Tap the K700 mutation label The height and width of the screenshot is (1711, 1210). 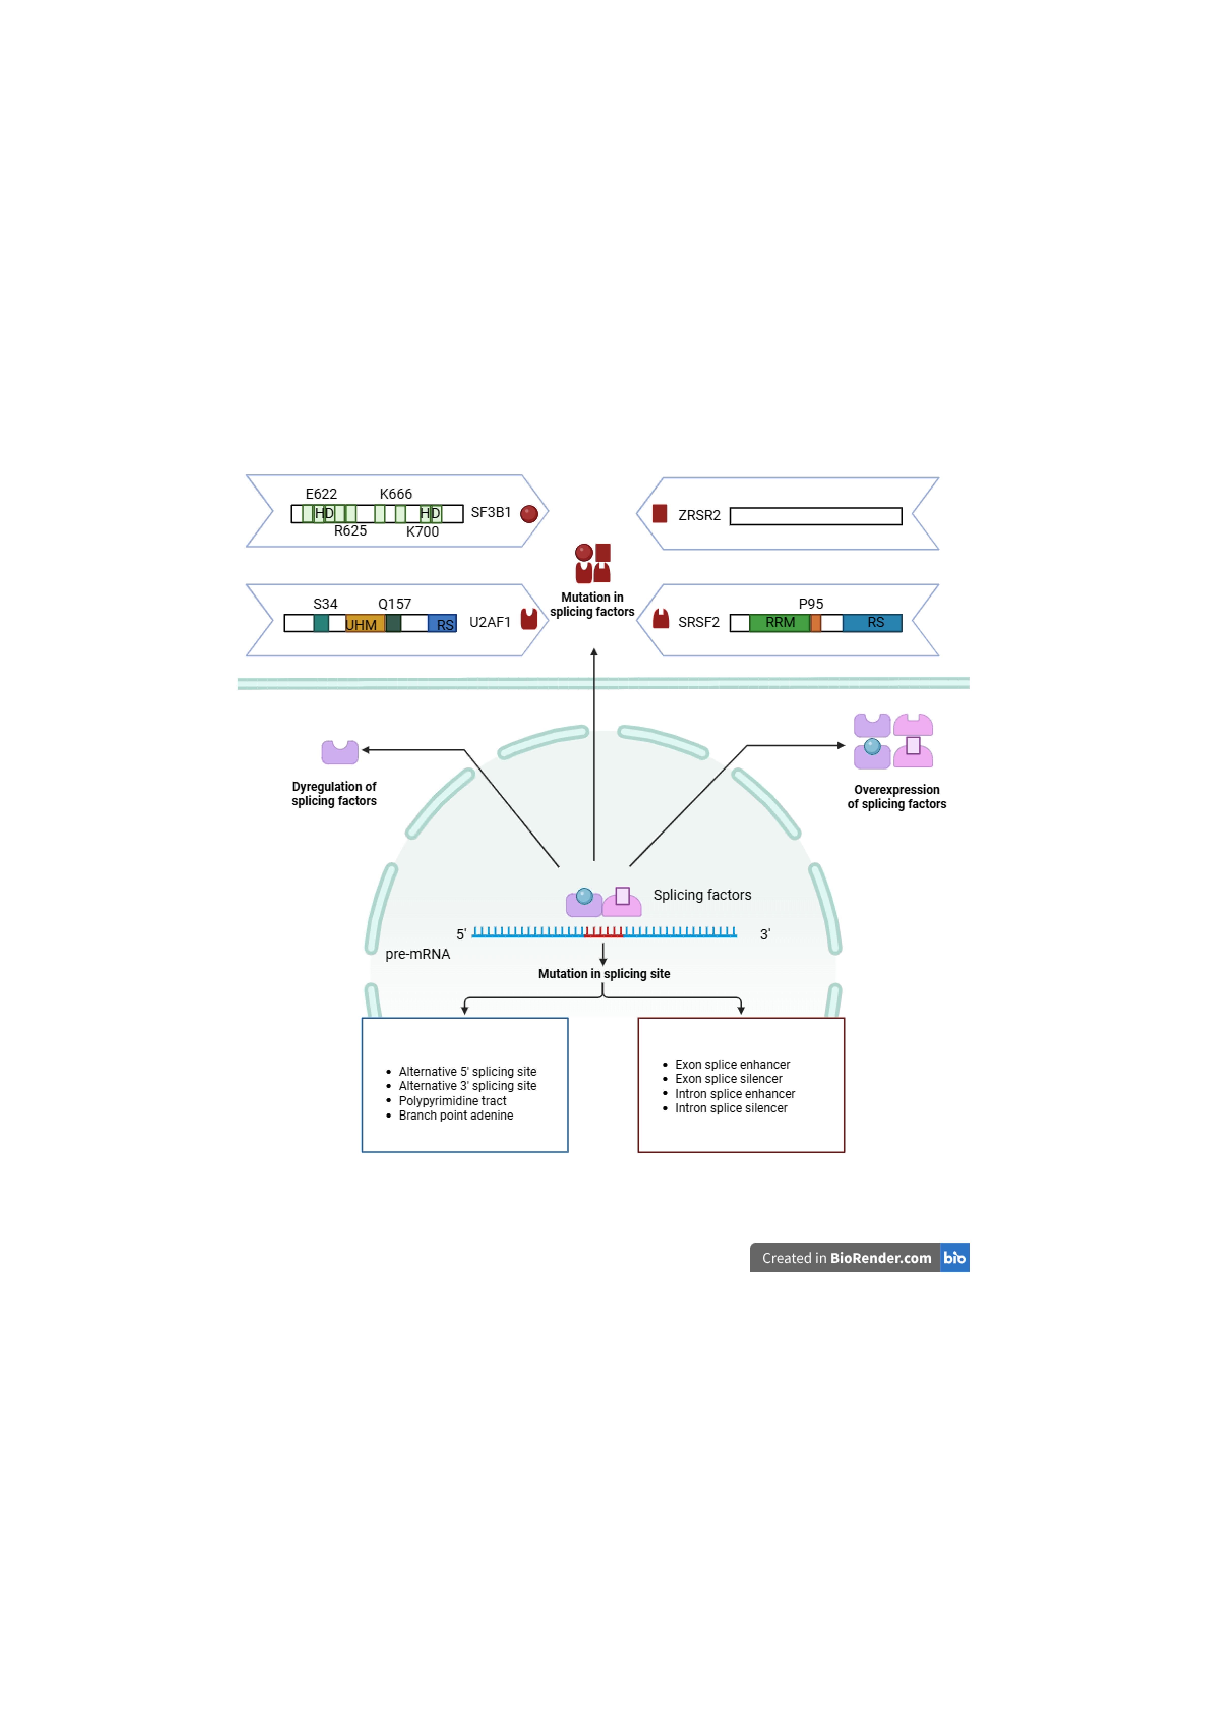click(422, 531)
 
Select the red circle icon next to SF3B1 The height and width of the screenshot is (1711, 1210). click(529, 513)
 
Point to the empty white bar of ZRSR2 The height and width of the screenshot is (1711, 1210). click(816, 516)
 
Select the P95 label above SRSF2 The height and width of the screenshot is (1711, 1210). click(811, 604)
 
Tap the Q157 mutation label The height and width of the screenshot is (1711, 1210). click(394, 604)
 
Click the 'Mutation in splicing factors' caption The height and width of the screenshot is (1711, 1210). click(593, 604)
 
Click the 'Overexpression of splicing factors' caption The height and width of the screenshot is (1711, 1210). click(897, 797)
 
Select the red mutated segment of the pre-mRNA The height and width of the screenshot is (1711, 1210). click(604, 932)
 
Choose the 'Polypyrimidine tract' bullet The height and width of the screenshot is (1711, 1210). click(453, 1101)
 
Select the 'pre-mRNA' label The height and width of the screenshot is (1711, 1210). click(417, 954)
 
